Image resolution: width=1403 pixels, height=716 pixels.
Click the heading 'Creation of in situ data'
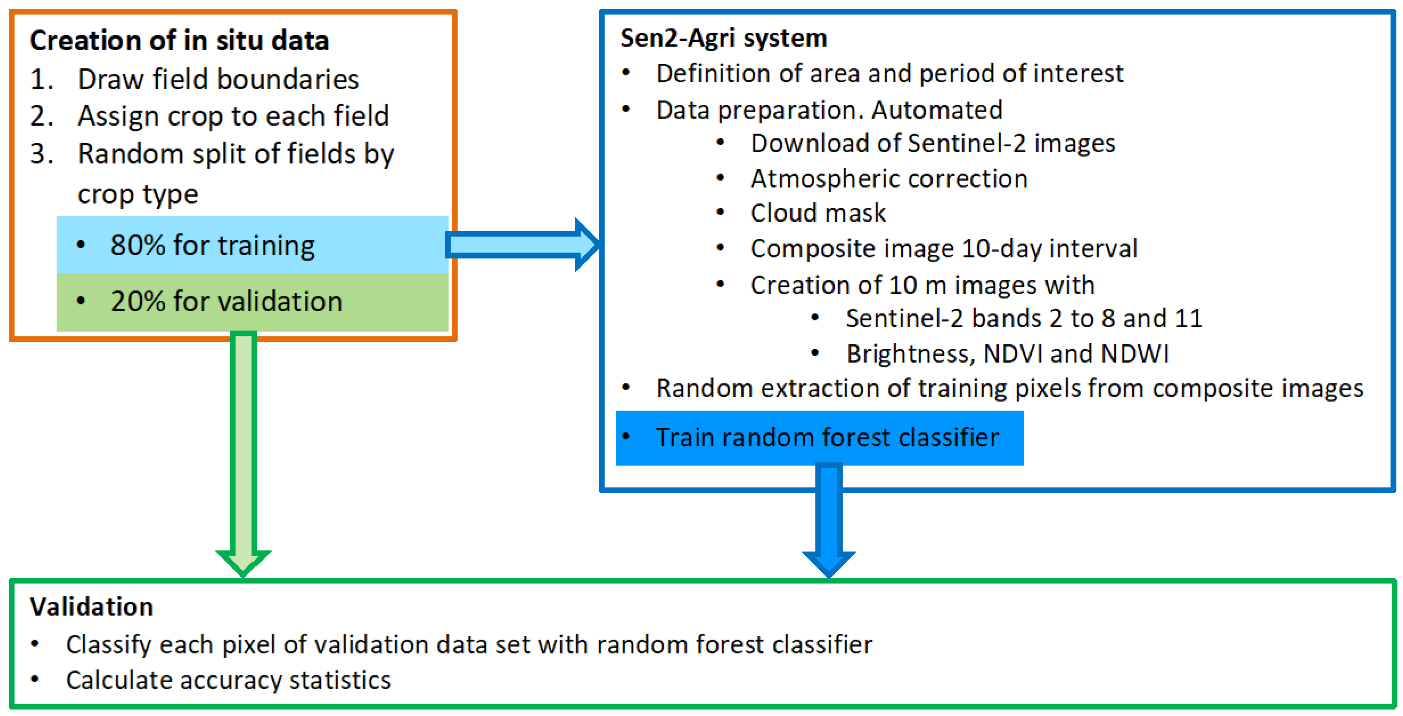[x=179, y=41]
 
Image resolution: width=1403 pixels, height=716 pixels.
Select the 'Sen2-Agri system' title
[x=723, y=38]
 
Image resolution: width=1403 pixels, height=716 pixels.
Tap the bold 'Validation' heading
[x=91, y=607]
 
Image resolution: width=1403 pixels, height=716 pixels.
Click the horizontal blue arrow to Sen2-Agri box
[x=520, y=244]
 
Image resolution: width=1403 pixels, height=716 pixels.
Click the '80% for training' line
[x=213, y=245]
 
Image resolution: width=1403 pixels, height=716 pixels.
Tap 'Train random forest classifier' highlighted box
[x=826, y=438]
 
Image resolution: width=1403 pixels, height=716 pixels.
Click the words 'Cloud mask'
[x=818, y=213]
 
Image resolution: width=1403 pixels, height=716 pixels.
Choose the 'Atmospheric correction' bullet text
[x=889, y=179]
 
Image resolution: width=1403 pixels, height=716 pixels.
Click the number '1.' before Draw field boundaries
[x=41, y=80]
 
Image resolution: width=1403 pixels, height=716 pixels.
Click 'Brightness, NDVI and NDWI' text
[x=1007, y=354]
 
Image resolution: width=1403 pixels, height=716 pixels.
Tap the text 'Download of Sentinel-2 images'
[x=932, y=143]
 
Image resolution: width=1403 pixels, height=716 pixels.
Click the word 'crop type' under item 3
[x=138, y=194]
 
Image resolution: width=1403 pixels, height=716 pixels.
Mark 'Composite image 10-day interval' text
[x=944, y=249]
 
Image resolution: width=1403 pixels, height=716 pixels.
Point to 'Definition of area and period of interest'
[x=889, y=74]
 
